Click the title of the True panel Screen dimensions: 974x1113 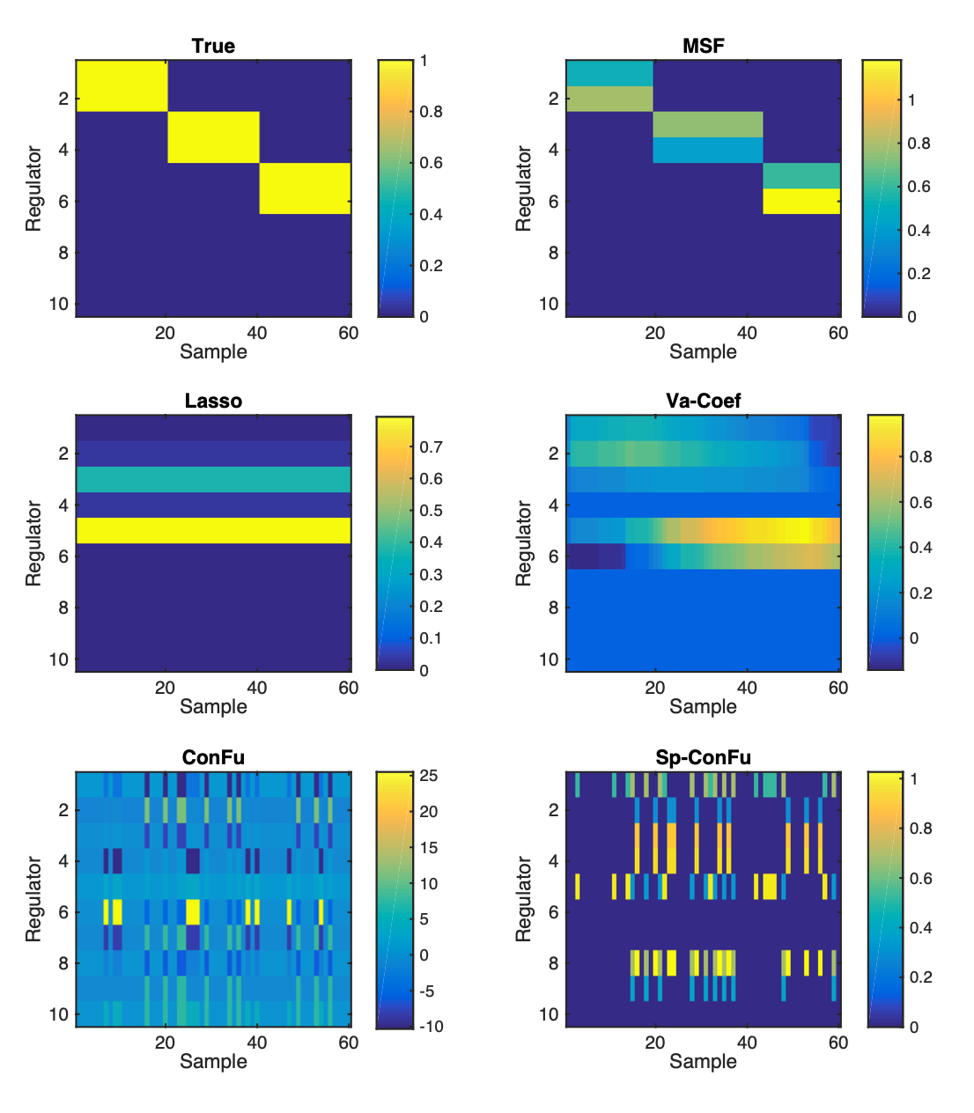(213, 47)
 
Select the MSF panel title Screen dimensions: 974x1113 (703, 47)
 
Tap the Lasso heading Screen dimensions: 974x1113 (213, 401)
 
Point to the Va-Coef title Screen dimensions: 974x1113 (703, 401)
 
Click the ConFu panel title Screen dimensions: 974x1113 (213, 757)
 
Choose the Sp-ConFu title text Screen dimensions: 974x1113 (703, 757)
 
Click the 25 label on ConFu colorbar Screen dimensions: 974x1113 (428, 775)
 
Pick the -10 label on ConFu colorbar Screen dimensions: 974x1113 (431, 1027)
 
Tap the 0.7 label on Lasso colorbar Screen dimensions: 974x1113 (431, 447)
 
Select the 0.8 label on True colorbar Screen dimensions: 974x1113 (431, 112)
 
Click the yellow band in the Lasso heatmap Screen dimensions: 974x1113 (213, 530)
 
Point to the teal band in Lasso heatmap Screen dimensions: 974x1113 (213, 479)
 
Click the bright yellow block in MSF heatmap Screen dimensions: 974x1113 (801, 202)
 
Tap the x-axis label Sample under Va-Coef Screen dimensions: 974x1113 (703, 707)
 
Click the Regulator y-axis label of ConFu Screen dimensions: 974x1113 (33, 899)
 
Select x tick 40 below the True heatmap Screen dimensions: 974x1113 (257, 333)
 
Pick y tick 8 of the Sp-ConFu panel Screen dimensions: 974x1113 (553, 963)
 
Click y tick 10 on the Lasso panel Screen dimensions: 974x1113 (59, 660)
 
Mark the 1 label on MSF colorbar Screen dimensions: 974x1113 (911, 100)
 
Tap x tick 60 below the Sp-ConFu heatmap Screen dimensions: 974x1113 (838, 1043)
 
